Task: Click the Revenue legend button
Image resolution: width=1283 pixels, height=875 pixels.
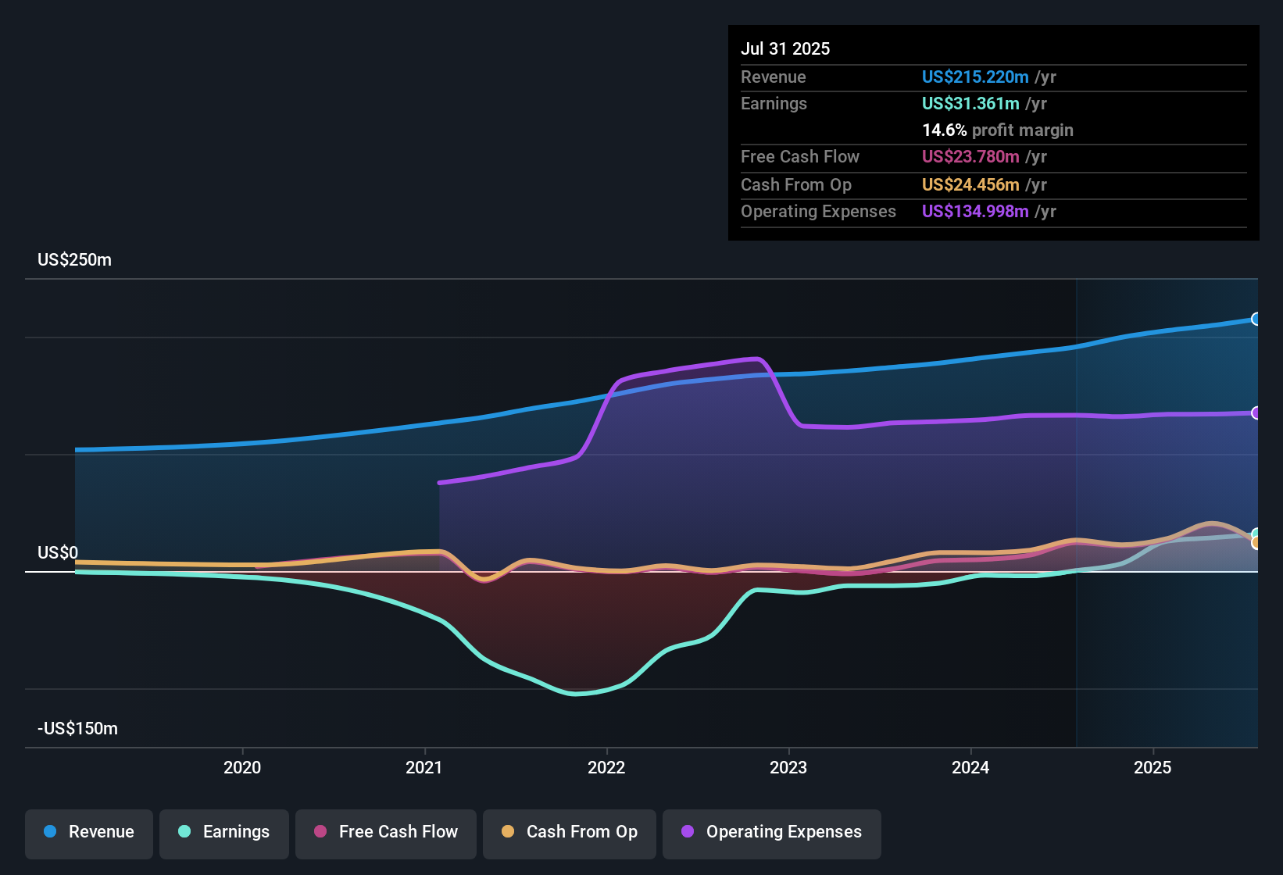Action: coord(89,832)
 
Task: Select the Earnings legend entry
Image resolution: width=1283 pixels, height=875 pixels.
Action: coord(224,832)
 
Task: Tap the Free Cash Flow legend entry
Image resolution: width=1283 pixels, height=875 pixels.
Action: coord(386,832)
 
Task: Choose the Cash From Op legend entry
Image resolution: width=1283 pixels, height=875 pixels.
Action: coord(570,832)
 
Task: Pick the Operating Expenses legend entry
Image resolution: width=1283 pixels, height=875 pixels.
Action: coord(772,832)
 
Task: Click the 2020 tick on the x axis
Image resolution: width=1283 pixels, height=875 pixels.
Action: coord(242,767)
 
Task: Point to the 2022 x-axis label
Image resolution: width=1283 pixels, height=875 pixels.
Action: coord(606,767)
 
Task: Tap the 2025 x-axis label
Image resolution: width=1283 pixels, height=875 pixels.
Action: coord(1153,767)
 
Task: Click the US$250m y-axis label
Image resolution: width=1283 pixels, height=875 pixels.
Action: coord(75,260)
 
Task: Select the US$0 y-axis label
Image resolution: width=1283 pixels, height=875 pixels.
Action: coord(58,553)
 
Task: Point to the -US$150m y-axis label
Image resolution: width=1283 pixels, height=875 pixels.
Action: coord(78,729)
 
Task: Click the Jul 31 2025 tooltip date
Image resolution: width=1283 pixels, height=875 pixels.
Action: coord(785,48)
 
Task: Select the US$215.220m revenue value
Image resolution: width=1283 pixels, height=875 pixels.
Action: coord(974,77)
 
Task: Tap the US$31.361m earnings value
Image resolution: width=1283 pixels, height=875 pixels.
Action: coord(970,103)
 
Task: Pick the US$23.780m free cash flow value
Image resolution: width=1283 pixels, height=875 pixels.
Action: coord(970,156)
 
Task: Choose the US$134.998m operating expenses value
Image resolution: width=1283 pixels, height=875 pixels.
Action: coord(974,211)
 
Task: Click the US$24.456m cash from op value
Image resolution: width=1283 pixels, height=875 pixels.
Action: coord(970,184)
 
